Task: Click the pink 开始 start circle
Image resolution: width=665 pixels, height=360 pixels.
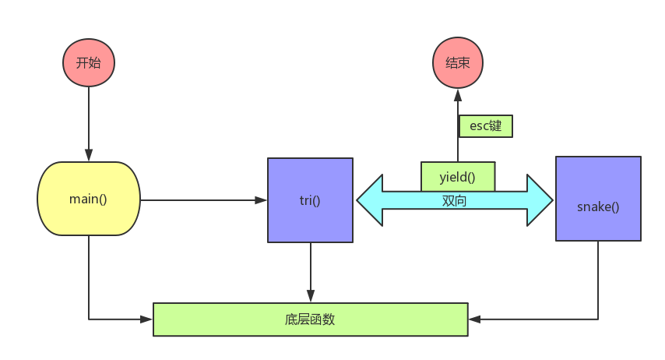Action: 88,62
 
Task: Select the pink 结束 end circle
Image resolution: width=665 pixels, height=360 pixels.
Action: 457,62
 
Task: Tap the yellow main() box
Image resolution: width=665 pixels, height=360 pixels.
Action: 88,199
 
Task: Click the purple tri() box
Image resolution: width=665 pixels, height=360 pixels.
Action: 310,200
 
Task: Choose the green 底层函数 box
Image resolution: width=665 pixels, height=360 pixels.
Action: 310,319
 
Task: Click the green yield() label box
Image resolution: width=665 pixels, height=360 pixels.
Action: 458,176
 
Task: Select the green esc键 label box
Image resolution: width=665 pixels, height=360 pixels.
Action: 486,126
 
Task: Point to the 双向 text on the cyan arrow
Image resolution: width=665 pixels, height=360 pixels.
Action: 455,200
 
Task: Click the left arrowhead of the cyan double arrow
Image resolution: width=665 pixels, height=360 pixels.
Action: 370,200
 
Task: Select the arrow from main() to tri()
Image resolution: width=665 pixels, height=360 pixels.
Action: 202,200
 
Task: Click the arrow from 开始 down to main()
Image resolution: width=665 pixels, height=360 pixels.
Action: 88,125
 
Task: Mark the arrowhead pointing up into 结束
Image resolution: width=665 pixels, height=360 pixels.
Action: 457,94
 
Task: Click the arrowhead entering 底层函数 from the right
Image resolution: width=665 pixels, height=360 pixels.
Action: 474,319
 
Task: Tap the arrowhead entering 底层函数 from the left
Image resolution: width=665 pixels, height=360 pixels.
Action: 146,319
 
